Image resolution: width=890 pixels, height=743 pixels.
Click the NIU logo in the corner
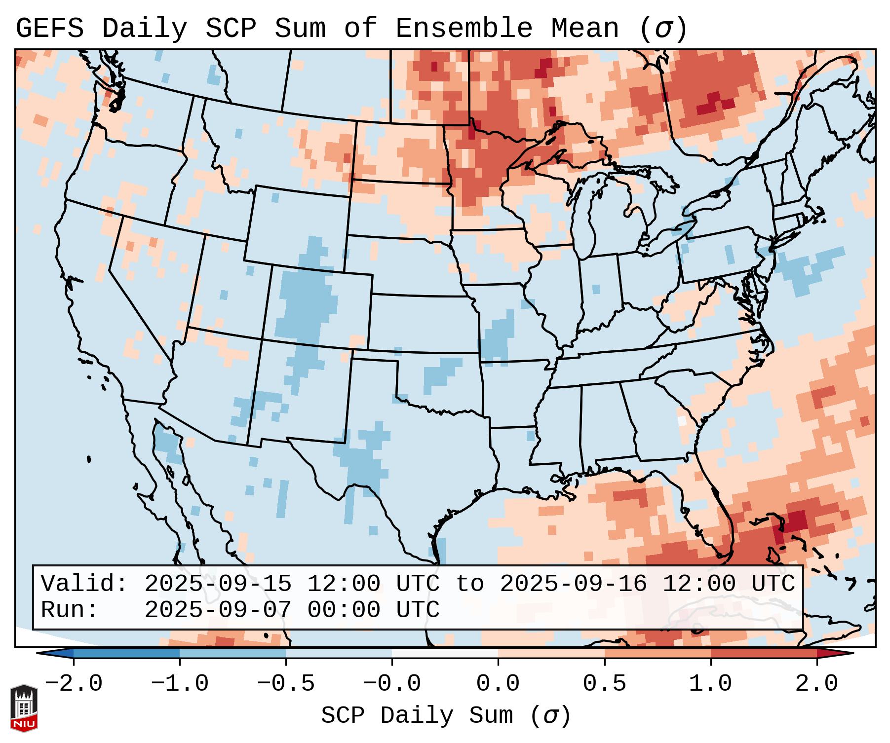pos(24,707)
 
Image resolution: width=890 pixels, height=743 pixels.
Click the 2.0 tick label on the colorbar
pos(816,684)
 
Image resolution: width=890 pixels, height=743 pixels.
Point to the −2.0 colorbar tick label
pos(74,684)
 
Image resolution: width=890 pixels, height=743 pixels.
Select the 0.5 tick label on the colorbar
pos(604,684)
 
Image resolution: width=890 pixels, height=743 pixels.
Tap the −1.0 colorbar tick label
pos(180,684)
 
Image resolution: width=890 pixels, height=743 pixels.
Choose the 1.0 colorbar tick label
pos(710,684)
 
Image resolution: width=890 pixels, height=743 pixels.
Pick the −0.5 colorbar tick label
pos(286,684)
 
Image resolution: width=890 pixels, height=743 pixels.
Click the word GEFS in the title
pos(49,29)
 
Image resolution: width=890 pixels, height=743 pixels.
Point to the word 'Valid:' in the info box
pos(84,584)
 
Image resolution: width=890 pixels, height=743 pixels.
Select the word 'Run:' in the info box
pos(70,610)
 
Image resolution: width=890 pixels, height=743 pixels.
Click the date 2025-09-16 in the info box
pos(573,584)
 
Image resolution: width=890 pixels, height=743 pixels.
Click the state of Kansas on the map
pos(422,323)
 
